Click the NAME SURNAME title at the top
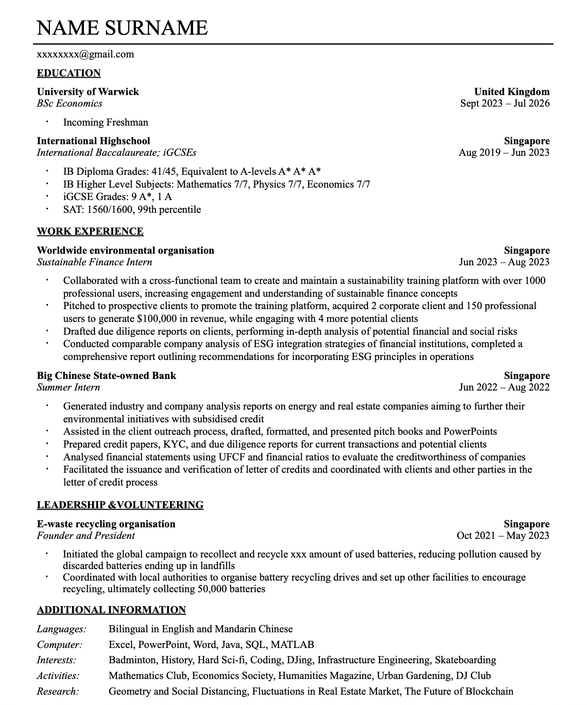[x=122, y=28]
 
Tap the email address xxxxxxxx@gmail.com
[x=85, y=54]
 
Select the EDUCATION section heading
[x=69, y=73]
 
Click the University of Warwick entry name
[x=88, y=92]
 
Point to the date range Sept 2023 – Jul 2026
[x=505, y=103]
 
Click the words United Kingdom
[x=512, y=92]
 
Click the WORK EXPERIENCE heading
[x=90, y=231]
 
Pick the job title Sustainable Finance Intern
[x=94, y=262]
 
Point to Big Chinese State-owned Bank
[x=106, y=376]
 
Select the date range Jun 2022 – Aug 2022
[x=504, y=387]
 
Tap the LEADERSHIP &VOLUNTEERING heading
[x=120, y=505]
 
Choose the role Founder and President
[x=86, y=536]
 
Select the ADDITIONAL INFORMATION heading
[x=111, y=610]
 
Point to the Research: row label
[x=57, y=691]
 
